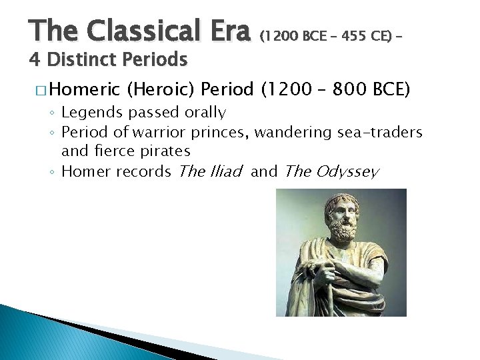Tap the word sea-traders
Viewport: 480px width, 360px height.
pyautogui.click(x=378, y=132)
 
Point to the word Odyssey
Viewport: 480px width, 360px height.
pyautogui.click(x=347, y=172)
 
